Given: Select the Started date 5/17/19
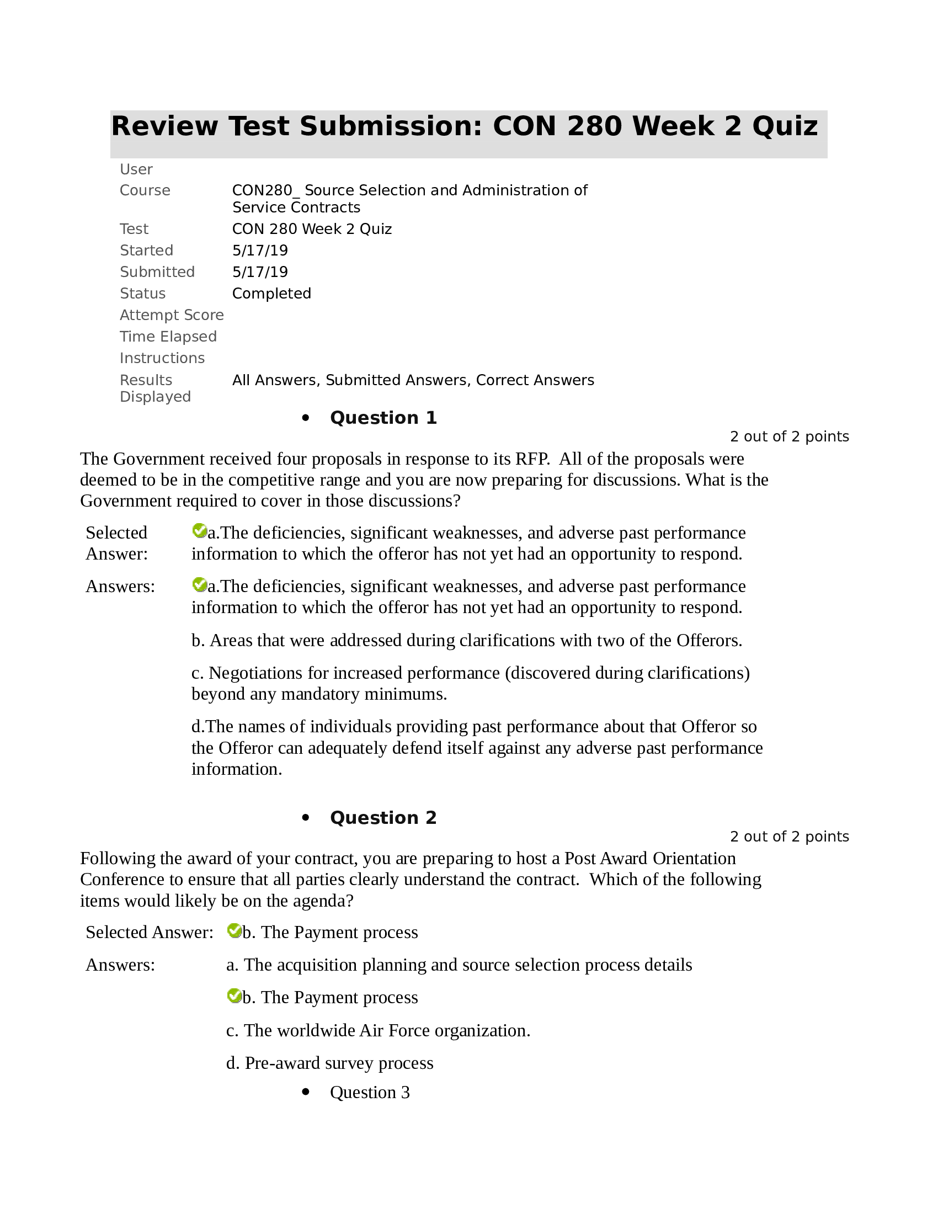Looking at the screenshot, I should point(260,251).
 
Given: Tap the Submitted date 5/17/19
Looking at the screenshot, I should point(260,273).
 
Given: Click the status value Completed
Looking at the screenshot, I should point(271,294).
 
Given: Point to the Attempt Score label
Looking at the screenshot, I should point(172,315).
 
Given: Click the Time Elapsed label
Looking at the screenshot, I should point(168,337).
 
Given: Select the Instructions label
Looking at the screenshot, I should point(162,359).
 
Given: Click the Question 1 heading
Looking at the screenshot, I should point(383,418).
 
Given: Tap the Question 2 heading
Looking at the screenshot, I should point(383,818).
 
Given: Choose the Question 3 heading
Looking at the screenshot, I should point(370,1092).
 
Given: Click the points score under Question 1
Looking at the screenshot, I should point(789,437).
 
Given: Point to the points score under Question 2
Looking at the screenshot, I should point(789,837).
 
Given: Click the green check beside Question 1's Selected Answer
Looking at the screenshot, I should point(199,531).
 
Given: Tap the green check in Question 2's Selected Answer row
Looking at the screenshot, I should point(234,930).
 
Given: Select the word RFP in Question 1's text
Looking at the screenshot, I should point(532,459).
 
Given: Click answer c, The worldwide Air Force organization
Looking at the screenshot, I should point(379,1031).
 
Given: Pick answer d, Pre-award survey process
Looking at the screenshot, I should point(329,1063).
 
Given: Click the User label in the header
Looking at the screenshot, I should point(136,169).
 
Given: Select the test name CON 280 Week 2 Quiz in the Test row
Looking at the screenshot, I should point(312,229).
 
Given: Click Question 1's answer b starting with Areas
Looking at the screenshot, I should point(467,641).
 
